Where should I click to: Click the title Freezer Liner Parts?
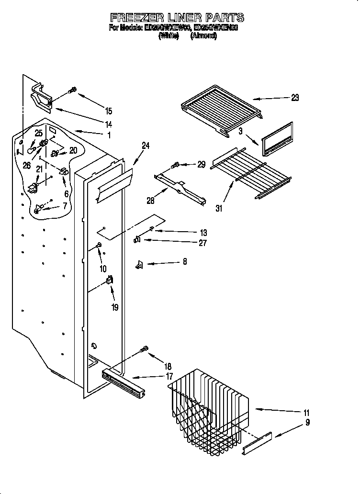tap(177, 18)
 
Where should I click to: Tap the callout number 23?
tap(295, 98)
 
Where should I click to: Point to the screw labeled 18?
tap(144, 350)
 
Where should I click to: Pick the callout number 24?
tap(146, 146)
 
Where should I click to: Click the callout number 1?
tap(109, 135)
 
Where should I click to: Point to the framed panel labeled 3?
tap(277, 139)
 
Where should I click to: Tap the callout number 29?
tap(201, 164)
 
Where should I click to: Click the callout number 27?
tap(202, 243)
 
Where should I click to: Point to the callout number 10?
tap(103, 269)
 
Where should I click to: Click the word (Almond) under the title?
tap(204, 36)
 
